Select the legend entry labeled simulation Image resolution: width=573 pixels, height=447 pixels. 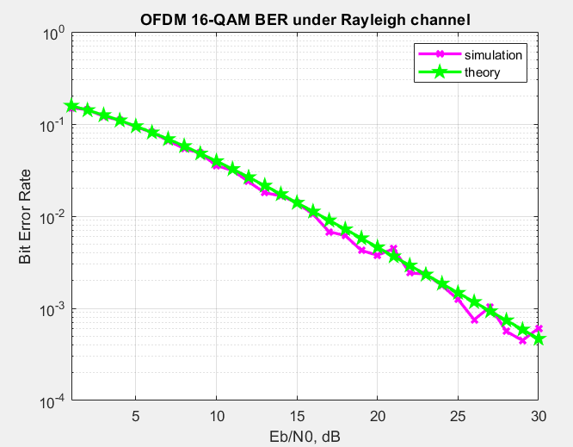[x=494, y=55]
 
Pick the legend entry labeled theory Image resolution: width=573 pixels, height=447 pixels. [x=482, y=73]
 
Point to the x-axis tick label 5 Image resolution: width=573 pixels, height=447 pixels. [x=136, y=415]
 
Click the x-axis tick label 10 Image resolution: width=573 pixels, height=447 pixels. [x=217, y=415]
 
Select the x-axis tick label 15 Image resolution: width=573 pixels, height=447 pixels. [x=298, y=415]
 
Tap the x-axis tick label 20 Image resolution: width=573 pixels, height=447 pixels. [x=378, y=415]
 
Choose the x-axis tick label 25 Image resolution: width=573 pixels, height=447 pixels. [x=459, y=415]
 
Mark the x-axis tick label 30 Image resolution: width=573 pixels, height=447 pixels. [x=539, y=415]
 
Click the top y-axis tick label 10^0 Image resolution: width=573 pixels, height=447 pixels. [x=54, y=34]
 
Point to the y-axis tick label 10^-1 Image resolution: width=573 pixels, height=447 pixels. [x=54, y=126]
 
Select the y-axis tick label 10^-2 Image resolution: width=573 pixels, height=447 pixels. [x=54, y=218]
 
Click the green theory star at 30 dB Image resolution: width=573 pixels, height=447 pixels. [x=539, y=338]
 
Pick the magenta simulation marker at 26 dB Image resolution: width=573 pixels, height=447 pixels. [x=475, y=320]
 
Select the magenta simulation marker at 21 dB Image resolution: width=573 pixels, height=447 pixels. [x=394, y=248]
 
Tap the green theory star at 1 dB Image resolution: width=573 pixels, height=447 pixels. [x=72, y=106]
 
